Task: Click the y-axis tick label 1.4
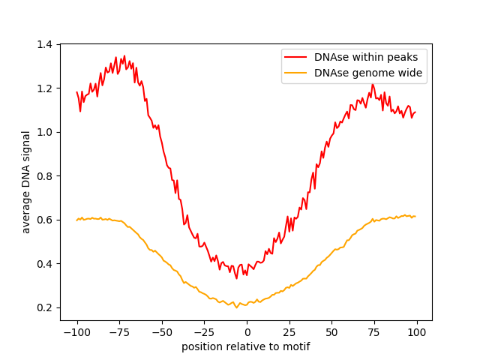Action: pos(46,45)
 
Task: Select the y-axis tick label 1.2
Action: pos(46,88)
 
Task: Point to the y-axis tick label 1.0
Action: pos(46,133)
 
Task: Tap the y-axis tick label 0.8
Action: pos(46,176)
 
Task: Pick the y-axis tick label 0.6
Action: pos(46,220)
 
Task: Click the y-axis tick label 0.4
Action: pos(46,264)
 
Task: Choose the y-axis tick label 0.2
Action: pos(46,308)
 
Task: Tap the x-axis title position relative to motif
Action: pos(246,346)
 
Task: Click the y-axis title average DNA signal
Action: pos(26,182)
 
